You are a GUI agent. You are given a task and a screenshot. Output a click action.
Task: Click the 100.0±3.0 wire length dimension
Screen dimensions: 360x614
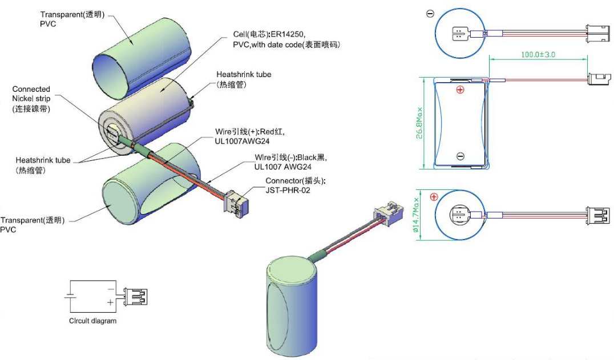538,55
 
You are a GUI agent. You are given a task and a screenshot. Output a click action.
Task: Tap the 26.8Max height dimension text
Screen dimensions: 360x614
420,123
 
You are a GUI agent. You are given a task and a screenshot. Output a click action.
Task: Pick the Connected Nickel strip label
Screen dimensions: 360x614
31,99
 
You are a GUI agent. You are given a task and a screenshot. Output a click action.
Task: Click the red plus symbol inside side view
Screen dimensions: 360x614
460,90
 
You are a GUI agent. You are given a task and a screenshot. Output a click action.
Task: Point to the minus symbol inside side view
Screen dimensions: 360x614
460,156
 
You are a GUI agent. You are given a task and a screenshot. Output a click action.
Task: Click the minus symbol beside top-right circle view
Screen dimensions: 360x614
430,14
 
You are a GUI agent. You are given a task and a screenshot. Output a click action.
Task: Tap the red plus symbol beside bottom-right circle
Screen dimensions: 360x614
434,197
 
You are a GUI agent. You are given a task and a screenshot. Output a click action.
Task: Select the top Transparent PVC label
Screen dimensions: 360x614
72,19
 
